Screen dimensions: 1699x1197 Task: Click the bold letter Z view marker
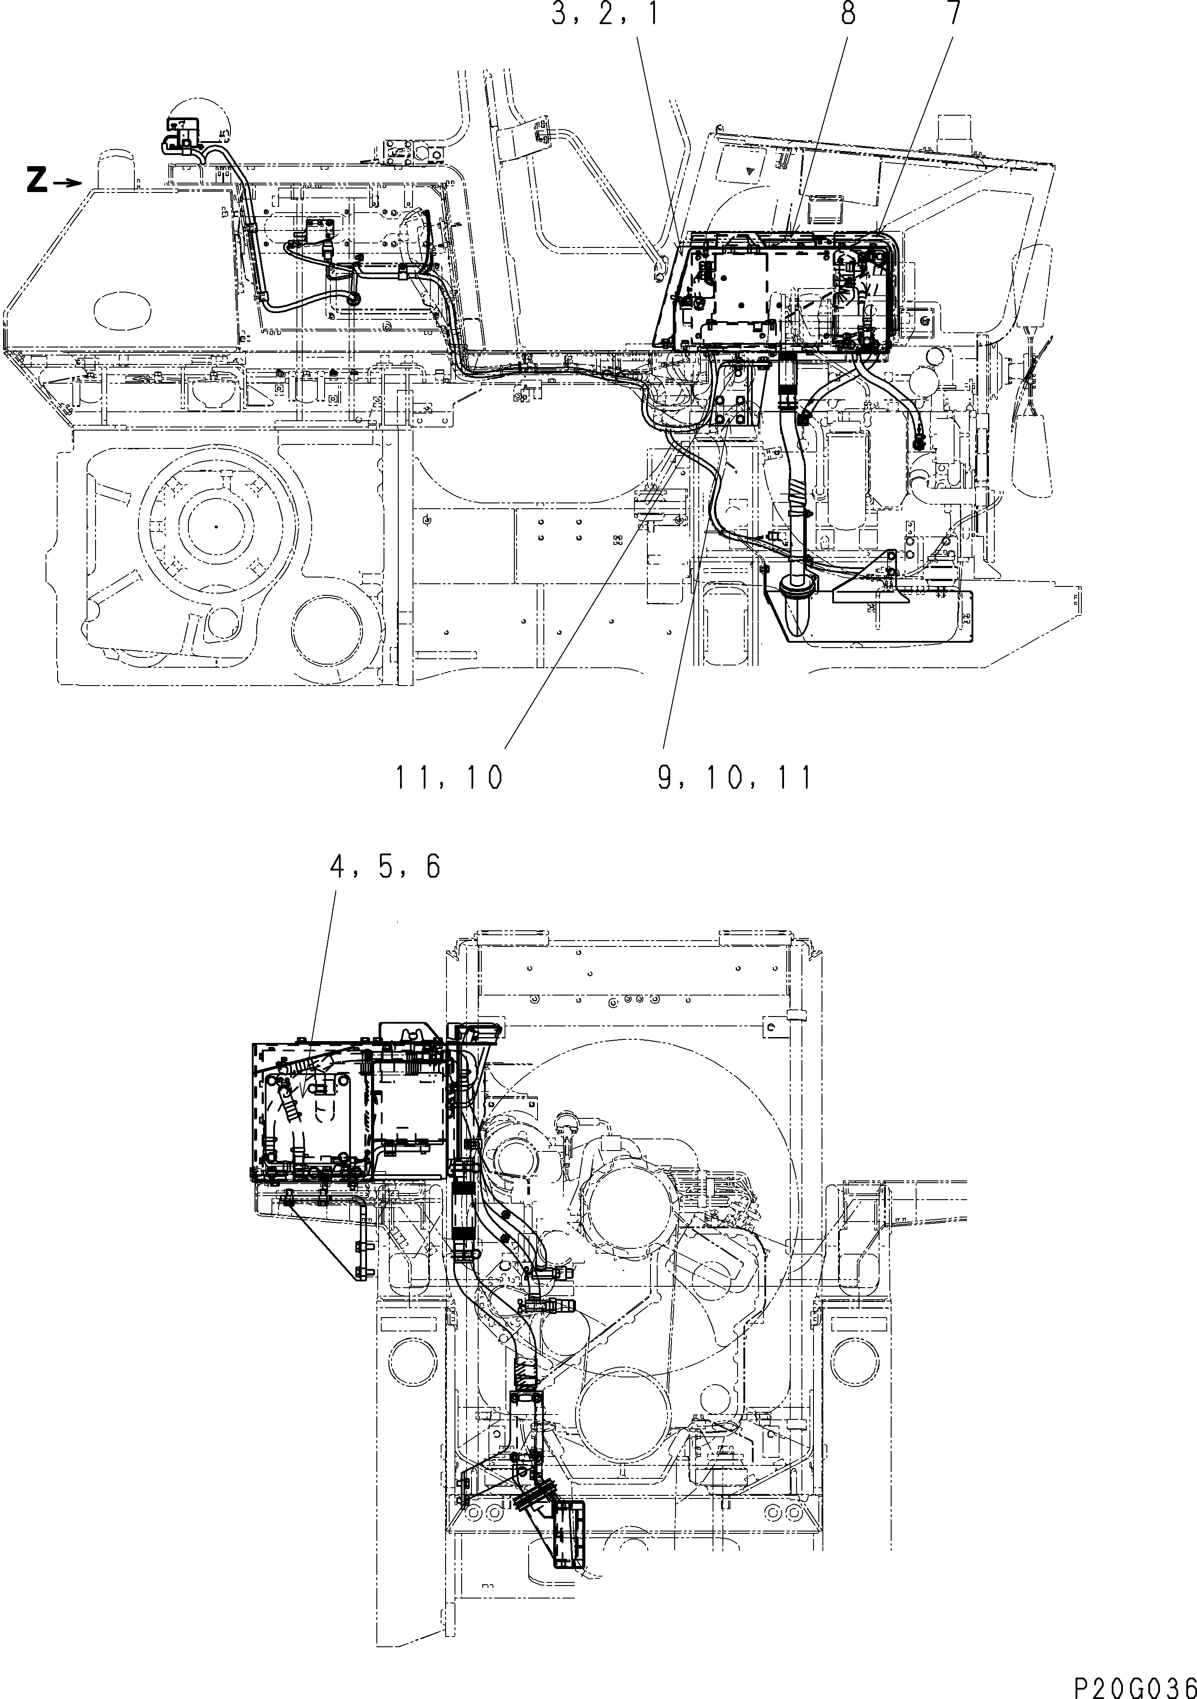click(36, 180)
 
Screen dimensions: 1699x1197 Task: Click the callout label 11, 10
click(449, 778)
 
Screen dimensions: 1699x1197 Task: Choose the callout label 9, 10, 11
click(734, 778)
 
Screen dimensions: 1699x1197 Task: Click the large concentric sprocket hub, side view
click(215, 526)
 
